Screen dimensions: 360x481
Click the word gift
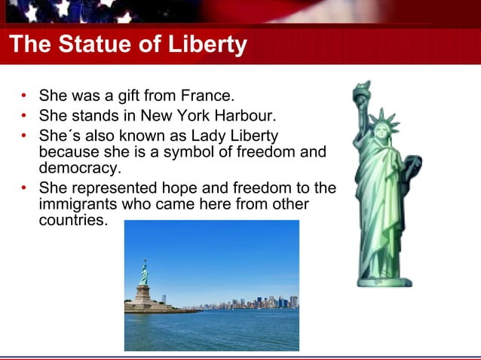[121, 96]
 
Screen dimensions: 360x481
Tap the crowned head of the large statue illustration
[384, 130]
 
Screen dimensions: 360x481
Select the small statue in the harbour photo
[143, 272]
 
